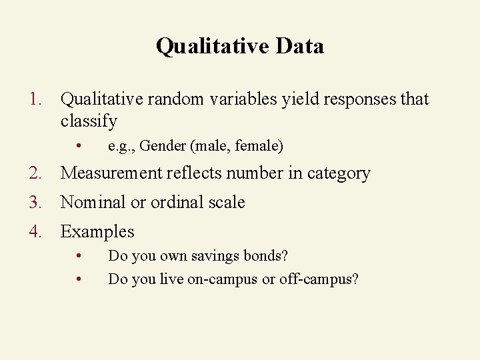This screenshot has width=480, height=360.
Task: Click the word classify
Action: coord(89,121)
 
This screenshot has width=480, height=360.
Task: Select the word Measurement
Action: coord(111,173)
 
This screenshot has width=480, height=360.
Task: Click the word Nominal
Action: coord(93,203)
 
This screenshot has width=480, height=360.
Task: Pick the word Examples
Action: coord(97,232)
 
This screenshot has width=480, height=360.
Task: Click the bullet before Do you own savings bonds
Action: coord(79,256)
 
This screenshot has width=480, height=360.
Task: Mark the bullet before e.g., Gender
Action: coord(79,145)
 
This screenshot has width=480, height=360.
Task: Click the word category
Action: coord(339,173)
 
